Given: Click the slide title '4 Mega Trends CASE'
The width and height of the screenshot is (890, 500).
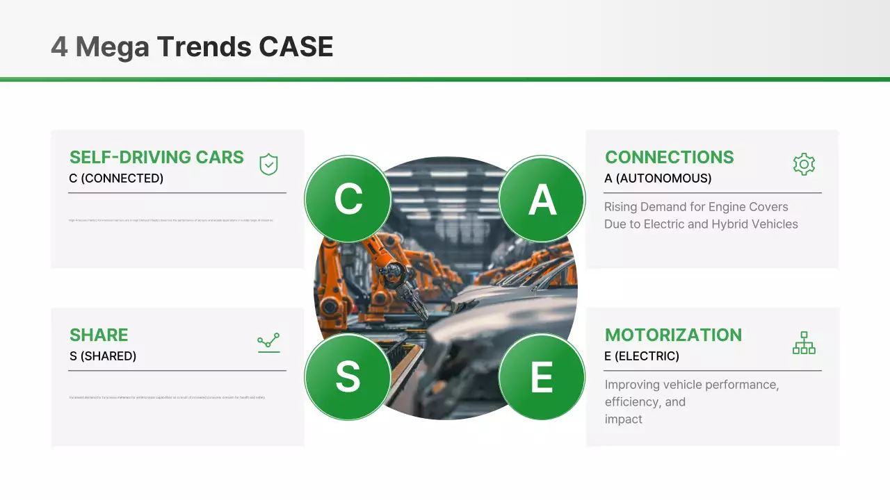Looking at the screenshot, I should point(192,47).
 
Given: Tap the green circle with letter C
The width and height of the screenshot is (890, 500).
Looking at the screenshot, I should point(348,199).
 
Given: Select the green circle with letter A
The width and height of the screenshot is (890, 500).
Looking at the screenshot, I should point(542,199).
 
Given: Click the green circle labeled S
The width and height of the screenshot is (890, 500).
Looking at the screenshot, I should point(348,376).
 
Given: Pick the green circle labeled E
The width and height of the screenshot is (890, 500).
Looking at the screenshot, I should point(542,376).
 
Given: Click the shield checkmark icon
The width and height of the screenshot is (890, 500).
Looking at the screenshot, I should point(268,165).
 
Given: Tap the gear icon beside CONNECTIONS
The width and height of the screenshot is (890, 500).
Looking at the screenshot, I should point(804,165).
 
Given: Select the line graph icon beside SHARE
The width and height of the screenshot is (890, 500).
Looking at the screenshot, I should point(268,342).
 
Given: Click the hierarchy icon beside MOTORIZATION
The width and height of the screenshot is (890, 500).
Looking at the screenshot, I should point(804,342).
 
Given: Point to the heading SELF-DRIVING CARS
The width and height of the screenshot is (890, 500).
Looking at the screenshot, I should point(156,158).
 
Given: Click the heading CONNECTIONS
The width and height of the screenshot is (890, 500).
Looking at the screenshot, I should point(669,158).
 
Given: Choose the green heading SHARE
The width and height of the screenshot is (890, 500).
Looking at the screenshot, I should point(99,335).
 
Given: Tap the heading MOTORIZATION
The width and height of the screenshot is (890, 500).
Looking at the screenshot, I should point(673,335).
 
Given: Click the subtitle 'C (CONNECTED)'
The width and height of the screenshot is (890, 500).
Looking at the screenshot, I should point(116,178).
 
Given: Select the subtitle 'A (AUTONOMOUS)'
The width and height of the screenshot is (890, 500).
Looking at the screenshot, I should point(658,178).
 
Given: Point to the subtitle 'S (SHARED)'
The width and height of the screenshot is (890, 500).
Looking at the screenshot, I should point(103,356).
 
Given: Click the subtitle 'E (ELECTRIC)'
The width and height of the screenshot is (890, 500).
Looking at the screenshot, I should point(642,356).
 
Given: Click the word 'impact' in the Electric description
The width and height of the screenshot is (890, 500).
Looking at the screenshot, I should point(624,419).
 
